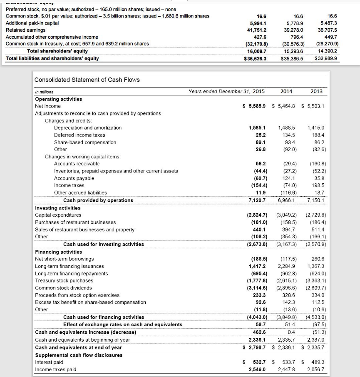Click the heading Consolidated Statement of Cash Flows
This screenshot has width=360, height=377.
coord(87,80)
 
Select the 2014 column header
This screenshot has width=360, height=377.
coord(286,91)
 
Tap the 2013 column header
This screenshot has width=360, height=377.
coord(316,91)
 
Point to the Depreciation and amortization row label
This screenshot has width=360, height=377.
coord(88,127)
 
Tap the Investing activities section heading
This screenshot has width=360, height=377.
coord(58,208)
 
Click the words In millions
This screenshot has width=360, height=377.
coord(44,92)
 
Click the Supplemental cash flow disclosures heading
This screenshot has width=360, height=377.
coord(79,355)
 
